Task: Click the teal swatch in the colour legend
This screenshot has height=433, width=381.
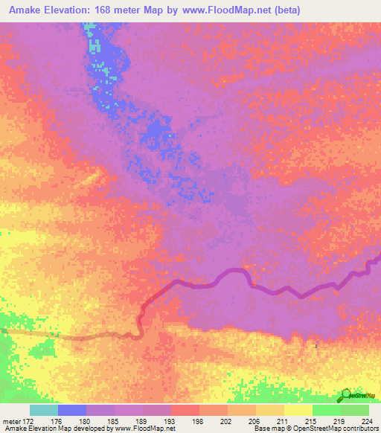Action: (44, 410)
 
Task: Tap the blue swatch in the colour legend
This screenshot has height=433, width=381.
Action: (72, 410)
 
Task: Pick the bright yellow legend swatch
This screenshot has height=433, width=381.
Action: (298, 410)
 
